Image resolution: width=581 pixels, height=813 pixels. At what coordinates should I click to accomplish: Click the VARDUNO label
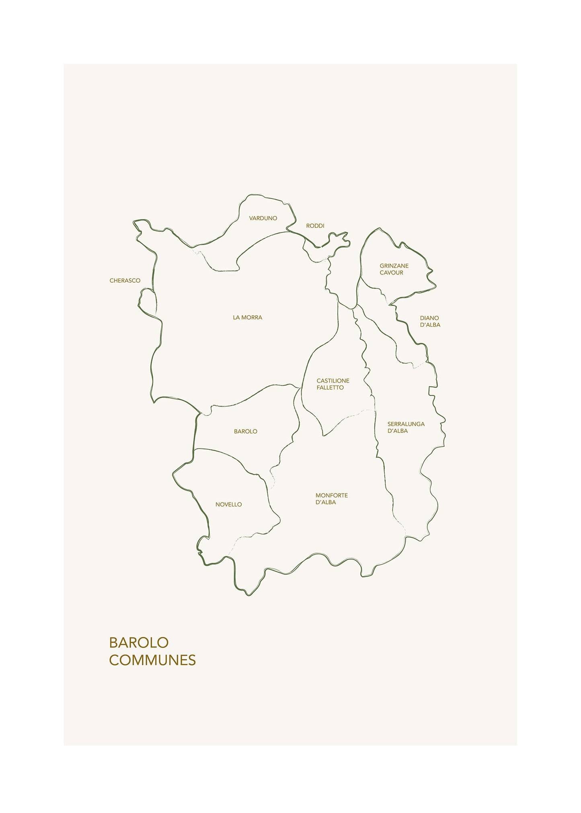(x=263, y=218)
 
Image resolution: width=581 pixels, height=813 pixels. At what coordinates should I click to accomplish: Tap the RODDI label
(x=315, y=226)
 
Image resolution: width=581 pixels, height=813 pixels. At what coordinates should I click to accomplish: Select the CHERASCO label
(x=125, y=281)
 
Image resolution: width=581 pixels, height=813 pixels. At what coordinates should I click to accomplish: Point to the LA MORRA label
(x=247, y=317)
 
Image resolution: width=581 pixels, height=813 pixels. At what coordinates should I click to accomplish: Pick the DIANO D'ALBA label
(x=430, y=322)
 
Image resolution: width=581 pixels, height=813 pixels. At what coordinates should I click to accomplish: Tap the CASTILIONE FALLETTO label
(x=333, y=384)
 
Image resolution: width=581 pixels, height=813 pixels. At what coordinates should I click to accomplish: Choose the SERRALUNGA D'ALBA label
(x=406, y=427)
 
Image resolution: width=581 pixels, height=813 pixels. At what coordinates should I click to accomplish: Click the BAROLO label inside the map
(x=245, y=432)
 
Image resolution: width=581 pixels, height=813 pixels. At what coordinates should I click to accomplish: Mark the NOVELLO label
(x=228, y=505)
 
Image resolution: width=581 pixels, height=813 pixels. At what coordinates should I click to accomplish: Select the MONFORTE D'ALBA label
(x=331, y=499)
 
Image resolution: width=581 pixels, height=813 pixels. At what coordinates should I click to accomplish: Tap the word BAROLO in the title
(x=138, y=643)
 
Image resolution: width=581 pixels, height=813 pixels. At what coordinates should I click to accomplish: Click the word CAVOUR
(x=391, y=273)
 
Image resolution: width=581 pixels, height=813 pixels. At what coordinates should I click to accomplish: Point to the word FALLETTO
(x=330, y=388)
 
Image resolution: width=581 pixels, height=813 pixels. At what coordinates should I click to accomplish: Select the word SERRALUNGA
(x=406, y=424)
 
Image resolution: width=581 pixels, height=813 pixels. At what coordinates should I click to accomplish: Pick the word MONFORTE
(x=331, y=496)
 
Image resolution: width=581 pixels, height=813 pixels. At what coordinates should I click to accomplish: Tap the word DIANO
(x=429, y=318)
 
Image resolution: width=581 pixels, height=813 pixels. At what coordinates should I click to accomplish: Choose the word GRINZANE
(x=394, y=266)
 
